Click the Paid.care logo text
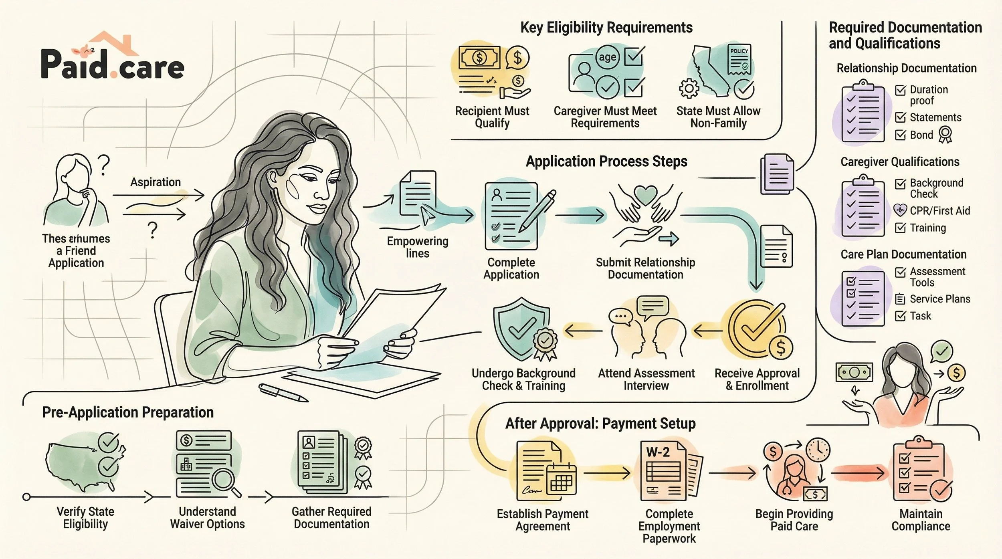(x=113, y=66)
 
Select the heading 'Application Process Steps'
(x=606, y=161)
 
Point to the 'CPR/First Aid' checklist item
(x=939, y=211)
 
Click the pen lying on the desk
(x=283, y=393)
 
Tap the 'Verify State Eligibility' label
(x=85, y=518)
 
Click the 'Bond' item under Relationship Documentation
(x=921, y=135)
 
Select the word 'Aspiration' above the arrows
(x=156, y=182)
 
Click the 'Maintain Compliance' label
(x=921, y=520)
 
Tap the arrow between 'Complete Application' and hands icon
(x=580, y=215)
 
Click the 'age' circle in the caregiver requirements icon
(x=607, y=57)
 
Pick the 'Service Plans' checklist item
(x=939, y=299)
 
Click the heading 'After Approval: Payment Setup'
(x=600, y=424)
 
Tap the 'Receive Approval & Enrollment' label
(x=757, y=379)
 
